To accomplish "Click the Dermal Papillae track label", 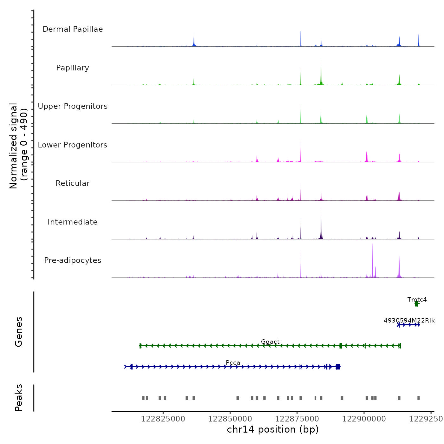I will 73,29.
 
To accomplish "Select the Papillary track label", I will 73,68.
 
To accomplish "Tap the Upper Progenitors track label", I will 73,106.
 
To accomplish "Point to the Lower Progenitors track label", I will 73,145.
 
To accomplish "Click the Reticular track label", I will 73,183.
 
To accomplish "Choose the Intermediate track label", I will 73,222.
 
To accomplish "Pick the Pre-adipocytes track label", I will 73,260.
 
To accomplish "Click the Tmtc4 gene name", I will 417,299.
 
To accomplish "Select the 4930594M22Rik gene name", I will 409,320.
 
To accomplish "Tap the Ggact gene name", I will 270,342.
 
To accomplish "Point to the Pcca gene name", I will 233,362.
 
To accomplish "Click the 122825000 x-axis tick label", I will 163,419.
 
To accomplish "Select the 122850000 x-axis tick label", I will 230,419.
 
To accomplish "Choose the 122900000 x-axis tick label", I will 364,419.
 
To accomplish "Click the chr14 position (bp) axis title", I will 273,429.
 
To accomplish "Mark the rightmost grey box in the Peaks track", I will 419,398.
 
